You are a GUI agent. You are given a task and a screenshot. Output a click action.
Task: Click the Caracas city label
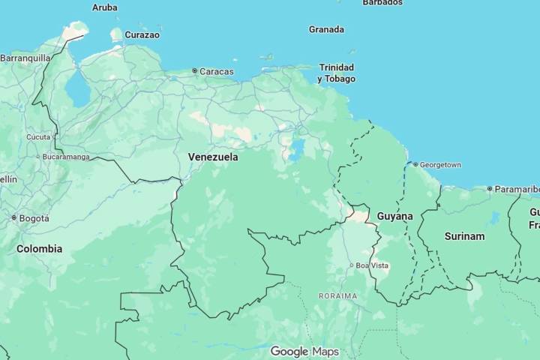tap(217, 72)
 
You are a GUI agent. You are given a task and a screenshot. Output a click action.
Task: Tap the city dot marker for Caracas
tap(195, 71)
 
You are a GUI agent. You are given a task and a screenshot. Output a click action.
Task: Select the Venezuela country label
tap(213, 157)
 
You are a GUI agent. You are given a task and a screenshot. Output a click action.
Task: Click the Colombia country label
tap(40, 249)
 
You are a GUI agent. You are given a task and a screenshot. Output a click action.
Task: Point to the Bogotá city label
tap(34, 218)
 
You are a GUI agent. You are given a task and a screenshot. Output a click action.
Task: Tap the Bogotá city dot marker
tap(14, 218)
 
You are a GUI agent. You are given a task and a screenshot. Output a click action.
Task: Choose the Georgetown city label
tap(440, 164)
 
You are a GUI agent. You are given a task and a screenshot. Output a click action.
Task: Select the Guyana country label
tap(394, 217)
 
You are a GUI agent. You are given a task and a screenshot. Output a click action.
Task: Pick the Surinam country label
tap(464, 236)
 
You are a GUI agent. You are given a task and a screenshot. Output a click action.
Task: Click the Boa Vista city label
tap(372, 265)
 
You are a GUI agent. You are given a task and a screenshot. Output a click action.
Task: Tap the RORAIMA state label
tap(337, 296)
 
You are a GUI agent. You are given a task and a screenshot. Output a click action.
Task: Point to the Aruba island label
tap(104, 7)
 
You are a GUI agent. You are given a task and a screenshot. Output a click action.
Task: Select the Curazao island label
tap(142, 34)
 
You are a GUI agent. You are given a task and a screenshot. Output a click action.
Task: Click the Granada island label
tap(326, 30)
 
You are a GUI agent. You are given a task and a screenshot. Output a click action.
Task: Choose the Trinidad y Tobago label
tap(336, 73)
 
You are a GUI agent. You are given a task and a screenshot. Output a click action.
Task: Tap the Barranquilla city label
tap(25, 58)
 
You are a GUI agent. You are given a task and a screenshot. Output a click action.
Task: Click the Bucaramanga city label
tap(66, 157)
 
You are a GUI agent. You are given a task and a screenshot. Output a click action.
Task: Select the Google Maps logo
tap(304, 352)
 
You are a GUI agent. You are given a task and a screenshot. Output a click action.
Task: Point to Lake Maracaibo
tap(76, 90)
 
